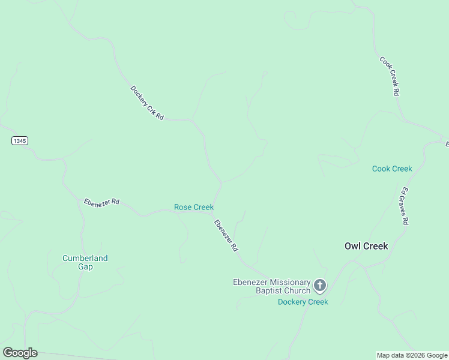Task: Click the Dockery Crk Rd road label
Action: coord(147,103)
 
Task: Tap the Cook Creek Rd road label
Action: coord(390,76)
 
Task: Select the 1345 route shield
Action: coord(19,140)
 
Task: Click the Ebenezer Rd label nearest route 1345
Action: coord(101,202)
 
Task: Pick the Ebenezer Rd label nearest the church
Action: coord(226,235)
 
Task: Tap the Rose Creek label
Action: coord(193,207)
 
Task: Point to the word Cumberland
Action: coord(85,258)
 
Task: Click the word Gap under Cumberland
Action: coord(85,266)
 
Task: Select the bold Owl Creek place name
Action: coord(366,246)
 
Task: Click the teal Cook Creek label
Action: coord(392,169)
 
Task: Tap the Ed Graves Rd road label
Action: coord(405,206)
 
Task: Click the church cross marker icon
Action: coord(319,285)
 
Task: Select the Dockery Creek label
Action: coord(303,302)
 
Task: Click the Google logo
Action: coord(20,353)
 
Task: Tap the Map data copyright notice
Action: coord(412,355)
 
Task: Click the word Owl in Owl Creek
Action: coord(352,246)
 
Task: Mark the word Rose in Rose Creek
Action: coord(183,207)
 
